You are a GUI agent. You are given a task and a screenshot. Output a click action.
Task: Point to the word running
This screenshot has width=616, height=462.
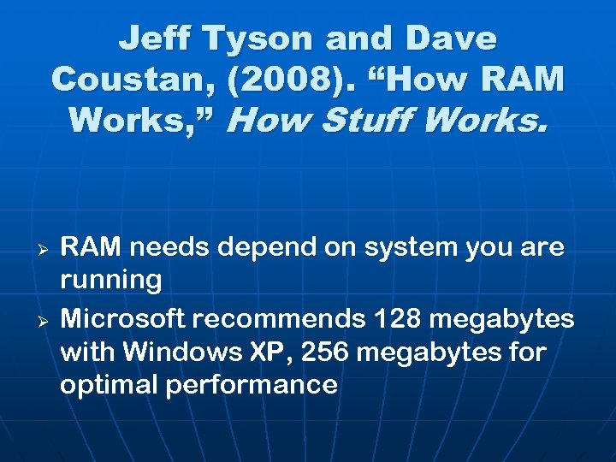110,279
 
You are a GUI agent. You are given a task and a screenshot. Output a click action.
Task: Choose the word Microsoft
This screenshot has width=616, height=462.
122,319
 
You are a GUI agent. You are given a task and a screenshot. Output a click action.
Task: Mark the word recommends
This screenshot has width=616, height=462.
280,319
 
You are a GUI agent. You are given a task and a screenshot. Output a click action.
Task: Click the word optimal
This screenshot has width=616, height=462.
109,385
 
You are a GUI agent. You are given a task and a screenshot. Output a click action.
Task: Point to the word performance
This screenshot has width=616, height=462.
252,385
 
